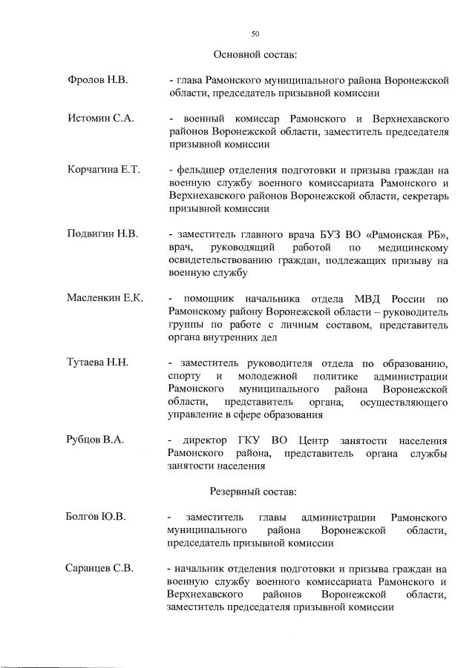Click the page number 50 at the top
(x=255, y=33)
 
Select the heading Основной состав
(x=255, y=55)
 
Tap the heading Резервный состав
(x=254, y=492)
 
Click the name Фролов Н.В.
(x=98, y=79)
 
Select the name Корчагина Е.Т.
(x=103, y=171)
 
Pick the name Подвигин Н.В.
(x=102, y=234)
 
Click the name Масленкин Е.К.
(x=105, y=298)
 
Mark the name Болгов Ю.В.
(x=96, y=516)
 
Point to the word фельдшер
(x=198, y=171)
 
